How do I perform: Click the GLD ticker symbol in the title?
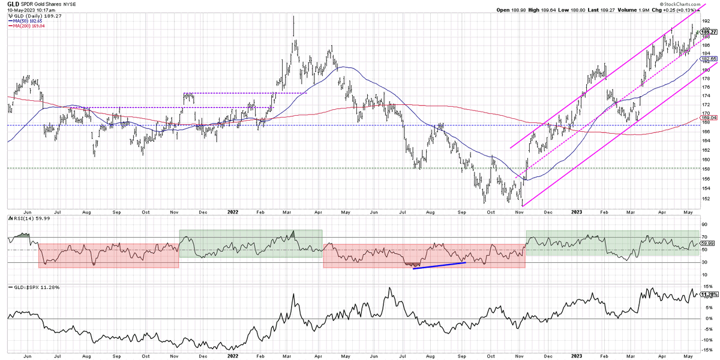pos(12,4)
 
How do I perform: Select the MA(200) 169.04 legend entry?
pos(28,26)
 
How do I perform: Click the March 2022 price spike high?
pos(293,17)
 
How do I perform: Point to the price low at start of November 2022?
pos(523,206)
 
